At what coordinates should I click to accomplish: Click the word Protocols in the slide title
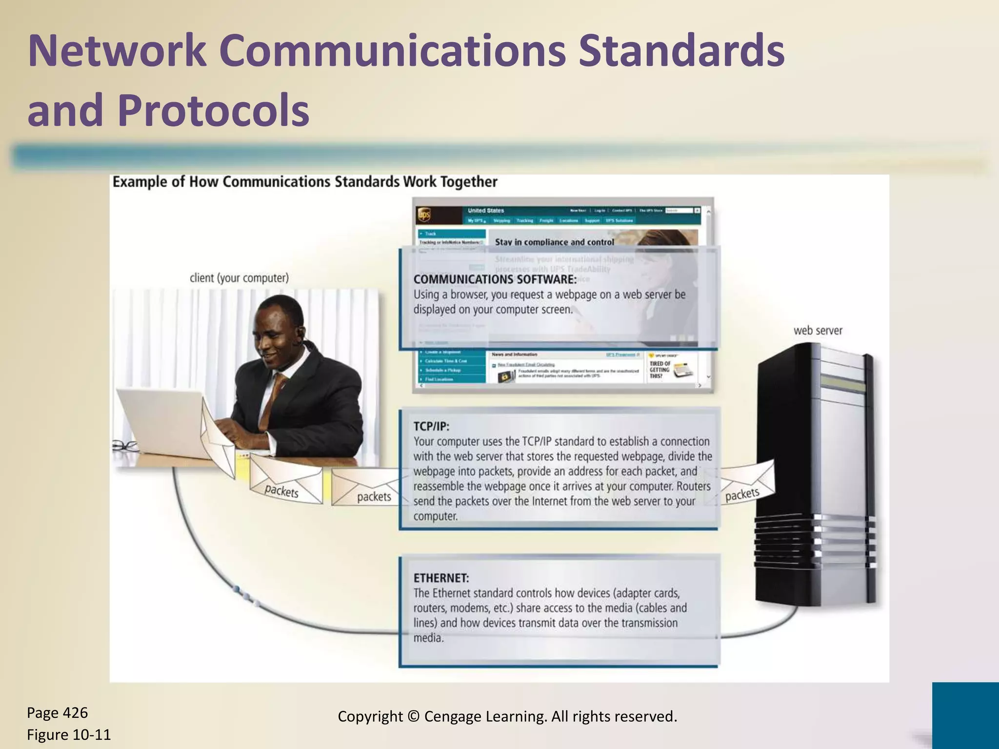click(213, 110)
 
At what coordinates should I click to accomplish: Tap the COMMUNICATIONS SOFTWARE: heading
click(495, 279)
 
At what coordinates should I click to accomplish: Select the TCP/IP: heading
click(431, 426)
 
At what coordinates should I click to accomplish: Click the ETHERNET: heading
click(441, 578)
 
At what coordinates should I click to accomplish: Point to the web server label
click(818, 330)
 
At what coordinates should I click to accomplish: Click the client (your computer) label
click(239, 278)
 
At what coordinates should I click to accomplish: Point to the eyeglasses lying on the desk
click(125, 445)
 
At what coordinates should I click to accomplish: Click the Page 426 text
click(58, 712)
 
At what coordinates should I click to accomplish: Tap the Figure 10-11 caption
click(69, 734)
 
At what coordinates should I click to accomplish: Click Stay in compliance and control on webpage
click(554, 242)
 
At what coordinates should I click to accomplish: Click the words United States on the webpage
click(485, 211)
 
